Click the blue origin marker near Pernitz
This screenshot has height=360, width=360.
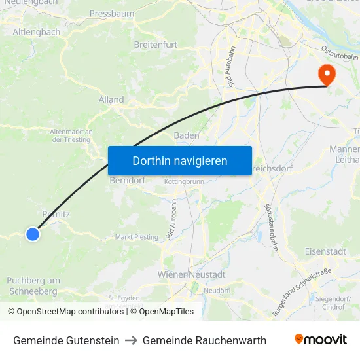point(32,234)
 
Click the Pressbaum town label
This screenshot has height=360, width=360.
point(112,13)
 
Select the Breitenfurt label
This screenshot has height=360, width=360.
point(156,45)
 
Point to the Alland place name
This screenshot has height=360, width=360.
point(111,99)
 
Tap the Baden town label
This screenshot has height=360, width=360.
point(187,135)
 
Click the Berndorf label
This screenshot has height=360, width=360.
point(128,180)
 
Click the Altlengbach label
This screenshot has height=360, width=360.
point(37,31)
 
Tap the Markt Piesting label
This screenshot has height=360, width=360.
point(137,237)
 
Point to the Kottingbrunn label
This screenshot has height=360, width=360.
point(184,181)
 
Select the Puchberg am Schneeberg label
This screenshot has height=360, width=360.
point(33,285)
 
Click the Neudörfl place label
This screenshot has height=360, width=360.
point(216,290)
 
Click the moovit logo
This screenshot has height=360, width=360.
point(320,340)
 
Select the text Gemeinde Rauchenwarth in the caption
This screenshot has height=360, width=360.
point(204,340)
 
